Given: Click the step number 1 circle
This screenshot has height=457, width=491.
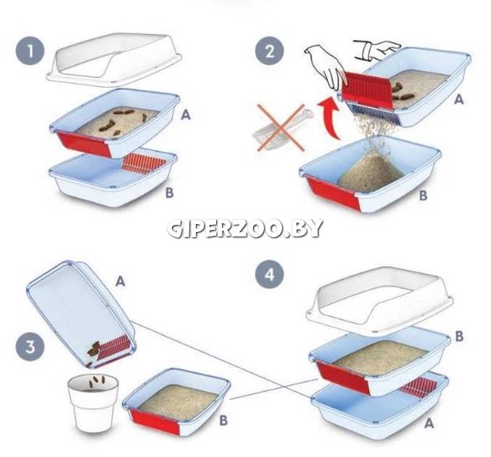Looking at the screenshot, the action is coord(30,51).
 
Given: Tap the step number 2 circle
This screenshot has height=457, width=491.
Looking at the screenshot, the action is coord(270,51).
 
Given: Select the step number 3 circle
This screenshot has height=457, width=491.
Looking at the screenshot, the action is coord(30,347).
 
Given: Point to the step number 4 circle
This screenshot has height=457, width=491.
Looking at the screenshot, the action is coord(270,274).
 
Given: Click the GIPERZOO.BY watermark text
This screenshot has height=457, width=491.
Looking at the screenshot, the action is coord(245,228).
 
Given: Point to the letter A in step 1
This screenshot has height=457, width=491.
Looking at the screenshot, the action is coord(186,115).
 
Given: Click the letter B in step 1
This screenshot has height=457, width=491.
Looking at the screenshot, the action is coord(170,193).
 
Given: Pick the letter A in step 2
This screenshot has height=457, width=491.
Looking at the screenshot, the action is coord(459,99).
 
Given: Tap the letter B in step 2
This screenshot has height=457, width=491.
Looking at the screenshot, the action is coord(424,195).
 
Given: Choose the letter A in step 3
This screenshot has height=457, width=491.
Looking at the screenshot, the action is coord(120,281).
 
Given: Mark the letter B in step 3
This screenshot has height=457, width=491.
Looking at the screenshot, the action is coord(223,420).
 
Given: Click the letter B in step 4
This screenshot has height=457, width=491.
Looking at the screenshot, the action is coord(459,336).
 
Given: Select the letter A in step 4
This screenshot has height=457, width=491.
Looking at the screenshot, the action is coord(429,423).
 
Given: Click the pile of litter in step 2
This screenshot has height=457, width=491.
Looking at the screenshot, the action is coord(371,172).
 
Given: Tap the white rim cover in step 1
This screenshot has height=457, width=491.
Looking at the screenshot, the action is coord(115,59).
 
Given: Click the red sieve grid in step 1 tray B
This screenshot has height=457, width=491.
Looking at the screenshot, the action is coord(144,163).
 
